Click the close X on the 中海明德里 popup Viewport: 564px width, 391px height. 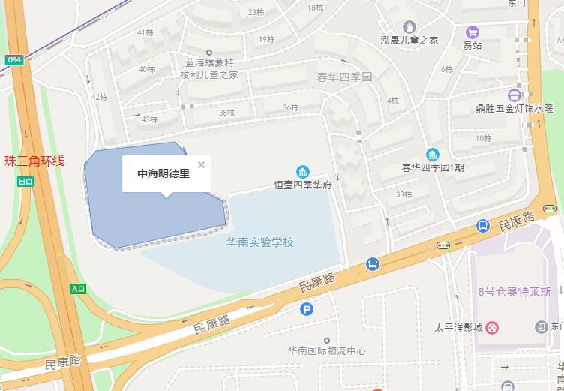click(x=201, y=164)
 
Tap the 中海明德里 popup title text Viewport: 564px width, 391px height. click(x=163, y=173)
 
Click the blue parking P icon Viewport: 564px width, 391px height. click(x=306, y=309)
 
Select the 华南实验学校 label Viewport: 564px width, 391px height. click(x=260, y=242)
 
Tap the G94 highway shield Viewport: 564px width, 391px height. click(x=13, y=59)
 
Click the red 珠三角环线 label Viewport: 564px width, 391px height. click(x=35, y=161)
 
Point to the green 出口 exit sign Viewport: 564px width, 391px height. click(x=26, y=182)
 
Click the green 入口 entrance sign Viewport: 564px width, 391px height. click(x=78, y=289)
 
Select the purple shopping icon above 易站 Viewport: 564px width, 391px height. click(x=472, y=32)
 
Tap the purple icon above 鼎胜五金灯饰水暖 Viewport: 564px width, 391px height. click(x=514, y=95)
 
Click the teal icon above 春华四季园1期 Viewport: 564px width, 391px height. click(x=433, y=155)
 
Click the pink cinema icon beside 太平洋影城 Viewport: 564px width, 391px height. click(x=492, y=327)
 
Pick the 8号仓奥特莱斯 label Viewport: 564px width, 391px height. click(x=514, y=291)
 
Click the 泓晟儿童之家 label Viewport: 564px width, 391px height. click(x=409, y=40)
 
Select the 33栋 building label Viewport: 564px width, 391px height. click(x=403, y=194)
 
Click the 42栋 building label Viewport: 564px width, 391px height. click(x=99, y=97)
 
